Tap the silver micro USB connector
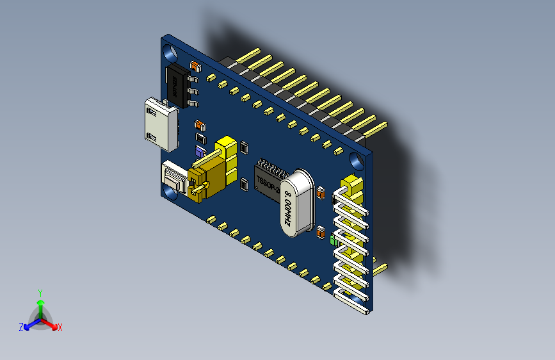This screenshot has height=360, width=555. pos(159,122)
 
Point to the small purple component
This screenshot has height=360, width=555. pos(200,152)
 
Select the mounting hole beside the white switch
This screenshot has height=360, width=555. pos(171,190)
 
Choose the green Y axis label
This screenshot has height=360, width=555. pos(40,292)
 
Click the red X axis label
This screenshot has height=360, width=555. pos(60,327)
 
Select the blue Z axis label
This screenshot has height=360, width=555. pos(20,327)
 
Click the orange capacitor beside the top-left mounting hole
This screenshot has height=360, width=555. pos(195,65)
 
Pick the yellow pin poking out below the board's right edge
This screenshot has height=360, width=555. pos(380,268)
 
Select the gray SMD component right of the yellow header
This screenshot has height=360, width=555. pos(244,185)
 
